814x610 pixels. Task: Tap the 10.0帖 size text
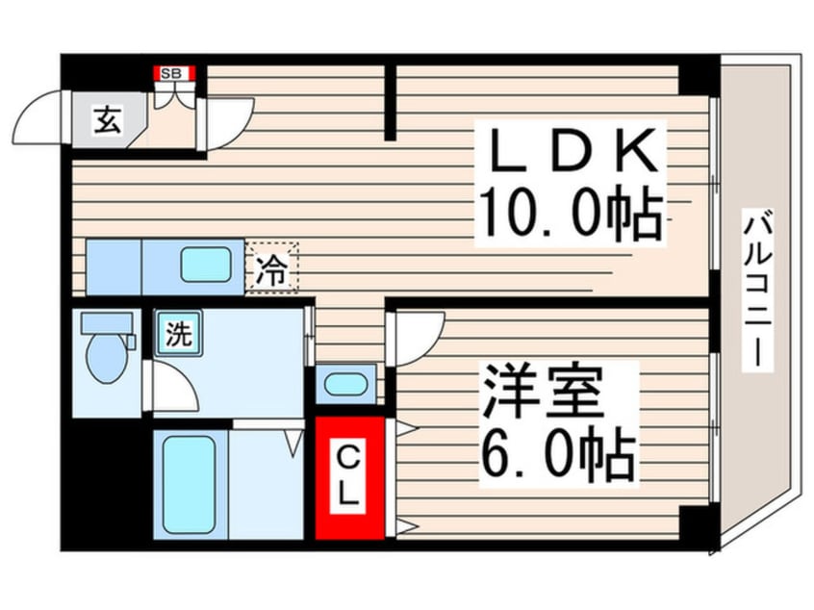pos(572,216)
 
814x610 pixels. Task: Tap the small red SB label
pos(176,72)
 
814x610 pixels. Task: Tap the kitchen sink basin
pos(207,264)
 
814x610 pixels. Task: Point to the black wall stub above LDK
pos(392,101)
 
